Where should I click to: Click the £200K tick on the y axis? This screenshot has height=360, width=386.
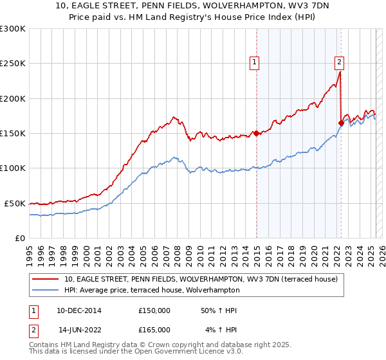click(x=13, y=98)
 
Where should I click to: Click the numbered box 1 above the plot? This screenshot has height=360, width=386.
click(x=255, y=62)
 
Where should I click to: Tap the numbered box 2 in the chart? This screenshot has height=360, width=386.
click(x=339, y=62)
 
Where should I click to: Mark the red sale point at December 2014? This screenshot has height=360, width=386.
click(x=256, y=134)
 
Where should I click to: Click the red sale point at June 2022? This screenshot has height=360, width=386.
click(x=341, y=123)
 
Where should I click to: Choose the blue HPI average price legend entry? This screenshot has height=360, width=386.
click(x=173, y=291)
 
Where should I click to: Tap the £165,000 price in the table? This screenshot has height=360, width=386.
click(x=154, y=330)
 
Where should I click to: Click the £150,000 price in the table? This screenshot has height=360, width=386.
click(x=154, y=310)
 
